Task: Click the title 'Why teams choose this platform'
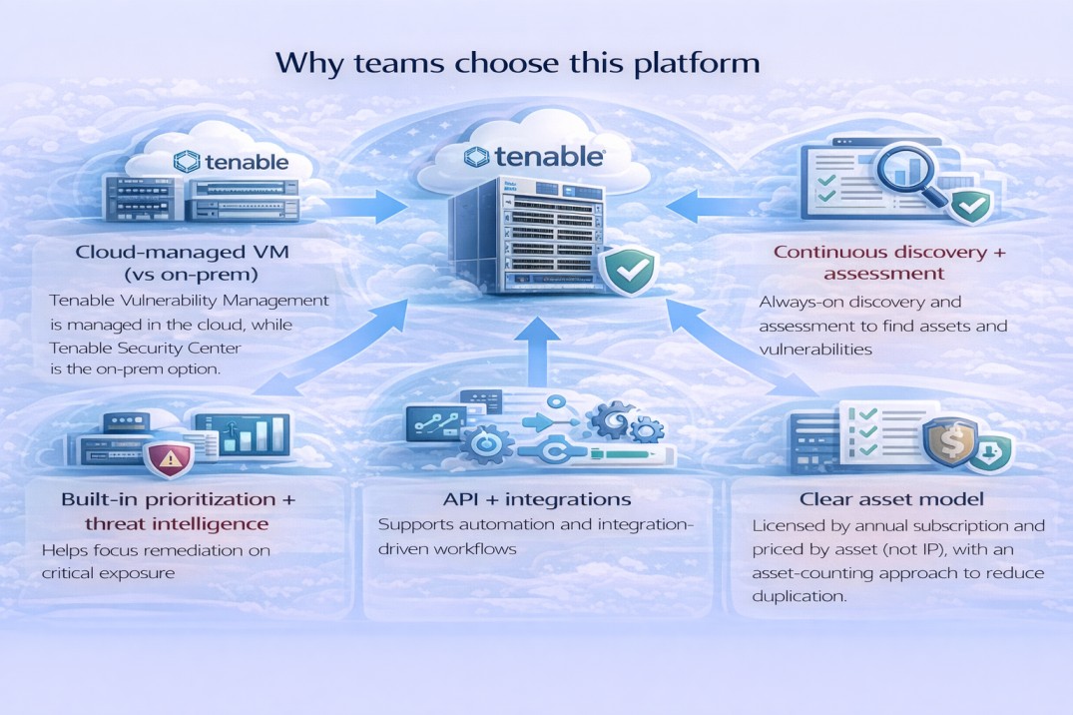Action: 517,62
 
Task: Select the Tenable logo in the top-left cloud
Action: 231,162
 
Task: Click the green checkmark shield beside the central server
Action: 628,268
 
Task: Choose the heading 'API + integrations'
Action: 537,497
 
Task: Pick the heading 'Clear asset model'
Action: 891,498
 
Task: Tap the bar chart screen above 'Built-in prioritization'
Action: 243,435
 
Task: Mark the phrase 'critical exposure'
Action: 107,573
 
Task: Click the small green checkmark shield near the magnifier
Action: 969,208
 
